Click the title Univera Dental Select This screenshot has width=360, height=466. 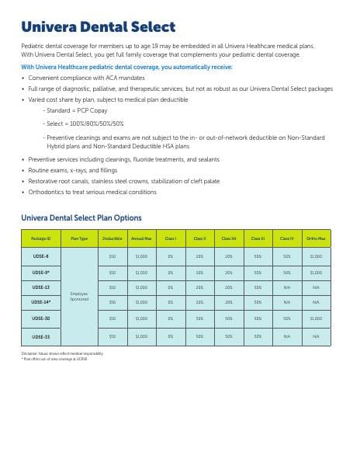(98, 29)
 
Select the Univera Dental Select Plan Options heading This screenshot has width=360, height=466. (81, 217)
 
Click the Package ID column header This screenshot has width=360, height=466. (40, 238)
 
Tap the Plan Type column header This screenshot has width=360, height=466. (79, 238)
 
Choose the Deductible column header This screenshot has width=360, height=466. (112, 238)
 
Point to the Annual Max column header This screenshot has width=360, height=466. (141, 238)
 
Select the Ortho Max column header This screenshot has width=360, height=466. (316, 238)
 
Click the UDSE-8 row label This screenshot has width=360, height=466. (40, 256)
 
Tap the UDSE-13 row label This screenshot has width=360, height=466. (40, 287)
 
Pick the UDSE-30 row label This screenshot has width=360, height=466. (40, 318)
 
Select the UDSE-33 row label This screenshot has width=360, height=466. (40, 336)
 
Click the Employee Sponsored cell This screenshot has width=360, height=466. (79, 296)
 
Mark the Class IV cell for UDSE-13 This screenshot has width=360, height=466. (287, 287)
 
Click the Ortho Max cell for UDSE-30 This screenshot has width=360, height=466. (316, 318)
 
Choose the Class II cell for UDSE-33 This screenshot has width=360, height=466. (199, 336)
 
